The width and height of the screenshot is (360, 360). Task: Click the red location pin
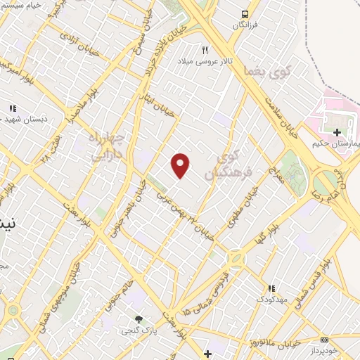(181, 165)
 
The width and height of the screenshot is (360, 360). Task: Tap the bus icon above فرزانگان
(245, 14)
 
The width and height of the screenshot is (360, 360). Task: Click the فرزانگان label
(245, 25)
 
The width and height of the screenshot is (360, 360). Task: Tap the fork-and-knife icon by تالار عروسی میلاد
(205, 49)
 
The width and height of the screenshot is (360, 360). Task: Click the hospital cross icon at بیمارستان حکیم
(337, 131)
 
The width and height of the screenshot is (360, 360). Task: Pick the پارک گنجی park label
(139, 330)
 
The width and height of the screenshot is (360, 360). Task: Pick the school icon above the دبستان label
(13, 108)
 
